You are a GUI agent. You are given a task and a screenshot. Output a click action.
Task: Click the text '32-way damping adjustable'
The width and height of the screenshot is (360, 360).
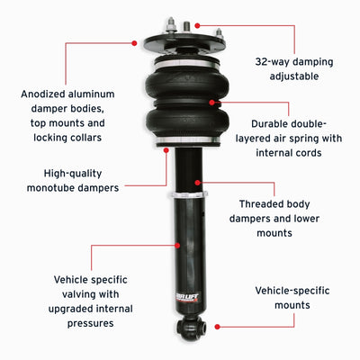click(x=284, y=71)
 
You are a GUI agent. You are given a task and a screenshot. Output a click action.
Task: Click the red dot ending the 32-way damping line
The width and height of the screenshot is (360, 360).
click(x=196, y=27)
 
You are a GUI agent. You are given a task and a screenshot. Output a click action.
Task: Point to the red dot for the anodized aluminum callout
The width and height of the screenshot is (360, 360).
click(x=134, y=41)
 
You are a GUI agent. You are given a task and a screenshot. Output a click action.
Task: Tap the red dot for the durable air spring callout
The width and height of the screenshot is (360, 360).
click(x=212, y=103)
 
